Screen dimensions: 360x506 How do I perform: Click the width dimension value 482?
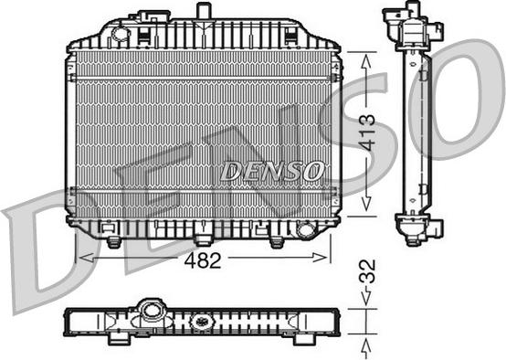[204, 259]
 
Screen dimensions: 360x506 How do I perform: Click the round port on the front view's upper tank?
[119, 35]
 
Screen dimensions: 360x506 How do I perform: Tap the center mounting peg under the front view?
[202, 241]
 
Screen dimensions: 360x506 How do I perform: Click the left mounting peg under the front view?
[113, 241]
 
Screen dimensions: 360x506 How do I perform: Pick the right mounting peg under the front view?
[277, 241]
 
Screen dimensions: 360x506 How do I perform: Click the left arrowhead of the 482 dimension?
[83, 259]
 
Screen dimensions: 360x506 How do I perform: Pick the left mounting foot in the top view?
[118, 339]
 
